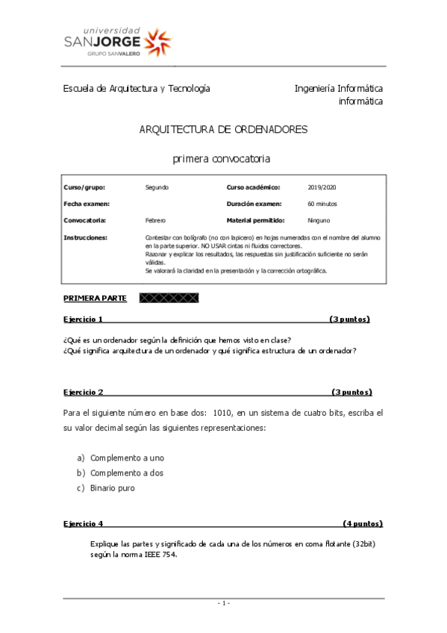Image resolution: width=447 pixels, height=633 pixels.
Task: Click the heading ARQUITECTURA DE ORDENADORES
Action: click(223, 129)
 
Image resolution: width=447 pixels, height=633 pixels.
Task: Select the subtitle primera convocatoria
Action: click(222, 158)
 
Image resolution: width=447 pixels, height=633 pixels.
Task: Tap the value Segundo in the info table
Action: click(157, 187)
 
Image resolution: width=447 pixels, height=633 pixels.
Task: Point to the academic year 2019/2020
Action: click(322, 187)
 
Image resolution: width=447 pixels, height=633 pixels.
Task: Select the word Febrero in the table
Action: click(155, 220)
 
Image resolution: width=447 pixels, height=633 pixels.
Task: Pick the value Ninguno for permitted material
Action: click(319, 220)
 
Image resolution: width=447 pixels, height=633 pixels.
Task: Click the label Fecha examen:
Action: click(87, 203)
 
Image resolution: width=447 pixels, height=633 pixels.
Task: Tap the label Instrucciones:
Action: click(86, 237)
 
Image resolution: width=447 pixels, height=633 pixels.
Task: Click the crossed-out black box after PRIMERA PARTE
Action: click(170, 298)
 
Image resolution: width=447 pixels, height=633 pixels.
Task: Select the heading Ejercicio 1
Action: click(84, 319)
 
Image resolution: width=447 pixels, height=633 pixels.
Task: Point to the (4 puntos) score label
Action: click(363, 523)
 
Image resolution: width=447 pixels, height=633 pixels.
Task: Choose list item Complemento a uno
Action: click(127, 457)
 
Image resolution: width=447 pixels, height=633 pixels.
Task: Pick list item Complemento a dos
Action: click(127, 473)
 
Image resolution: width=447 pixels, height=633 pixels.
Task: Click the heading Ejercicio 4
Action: click(84, 523)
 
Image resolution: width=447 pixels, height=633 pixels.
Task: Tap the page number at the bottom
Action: click(224, 602)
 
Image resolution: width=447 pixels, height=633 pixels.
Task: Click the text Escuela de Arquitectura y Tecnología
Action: click(137, 88)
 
